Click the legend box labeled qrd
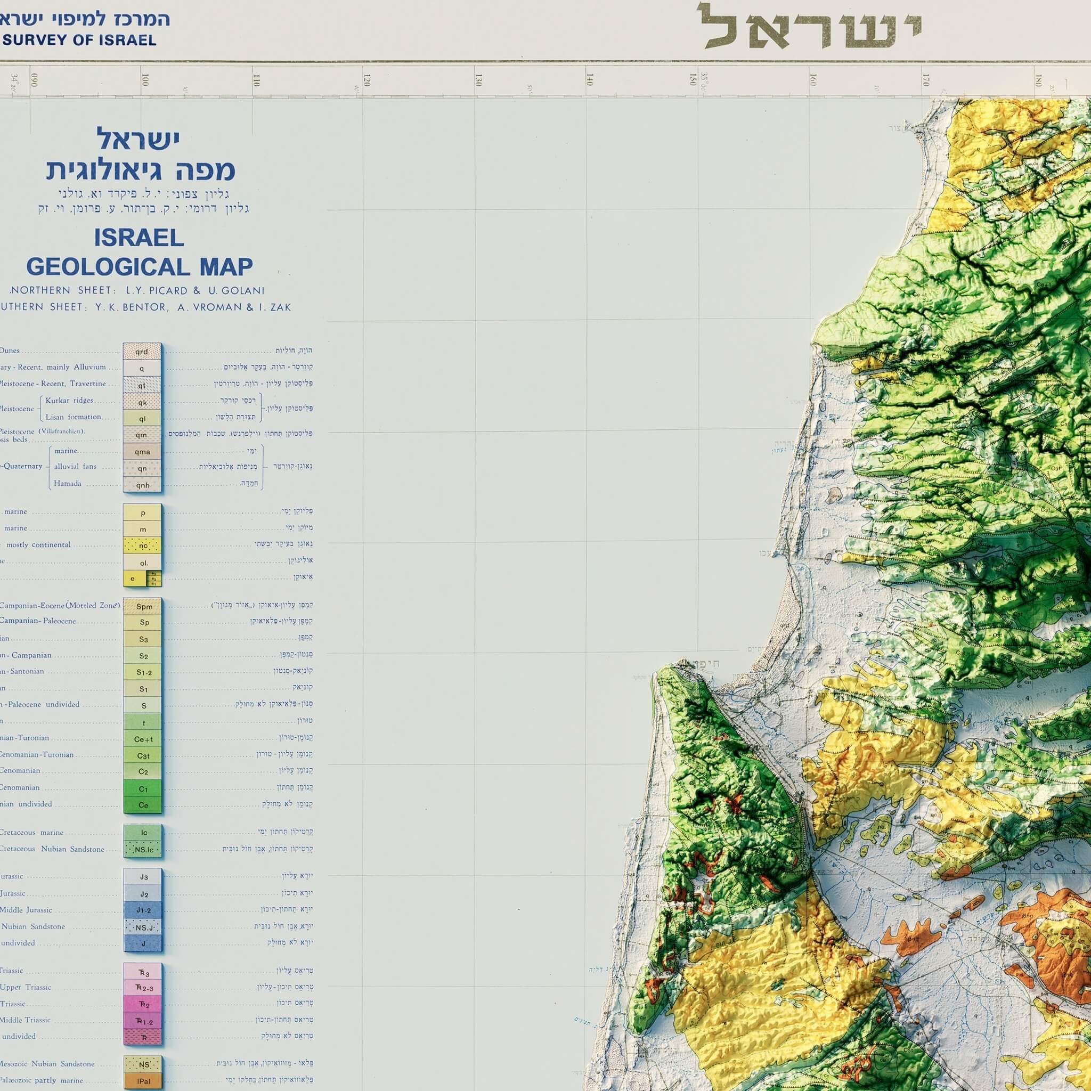(142, 351)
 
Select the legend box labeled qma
(142, 451)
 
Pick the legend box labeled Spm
(143, 606)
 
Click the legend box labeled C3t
(143, 755)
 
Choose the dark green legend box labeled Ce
(143, 805)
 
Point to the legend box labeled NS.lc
(143, 849)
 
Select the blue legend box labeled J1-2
(143, 910)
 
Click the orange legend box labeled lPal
(143, 1081)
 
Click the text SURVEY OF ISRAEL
(79, 40)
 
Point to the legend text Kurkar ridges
(69, 401)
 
